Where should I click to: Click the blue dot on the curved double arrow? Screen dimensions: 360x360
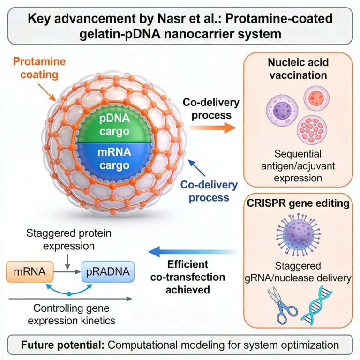coord(69,294)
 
